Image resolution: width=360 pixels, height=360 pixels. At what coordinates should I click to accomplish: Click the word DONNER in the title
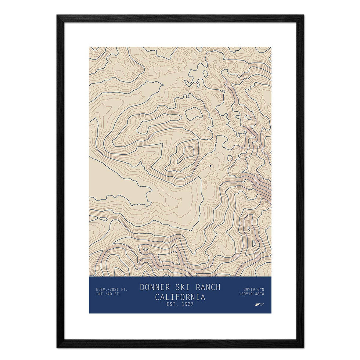(x=154, y=287)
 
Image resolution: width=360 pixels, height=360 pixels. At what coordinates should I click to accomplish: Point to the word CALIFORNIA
(x=180, y=297)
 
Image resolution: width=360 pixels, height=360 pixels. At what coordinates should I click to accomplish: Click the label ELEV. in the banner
(x=101, y=289)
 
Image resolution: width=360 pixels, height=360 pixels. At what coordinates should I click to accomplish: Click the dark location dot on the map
(x=210, y=166)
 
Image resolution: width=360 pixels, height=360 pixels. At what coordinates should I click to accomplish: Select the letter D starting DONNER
(x=142, y=287)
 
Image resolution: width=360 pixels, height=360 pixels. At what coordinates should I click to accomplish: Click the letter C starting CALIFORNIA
(x=157, y=297)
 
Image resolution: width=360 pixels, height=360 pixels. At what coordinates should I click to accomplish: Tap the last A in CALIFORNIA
(x=203, y=297)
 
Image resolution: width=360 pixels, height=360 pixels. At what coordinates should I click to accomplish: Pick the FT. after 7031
(x=124, y=289)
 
